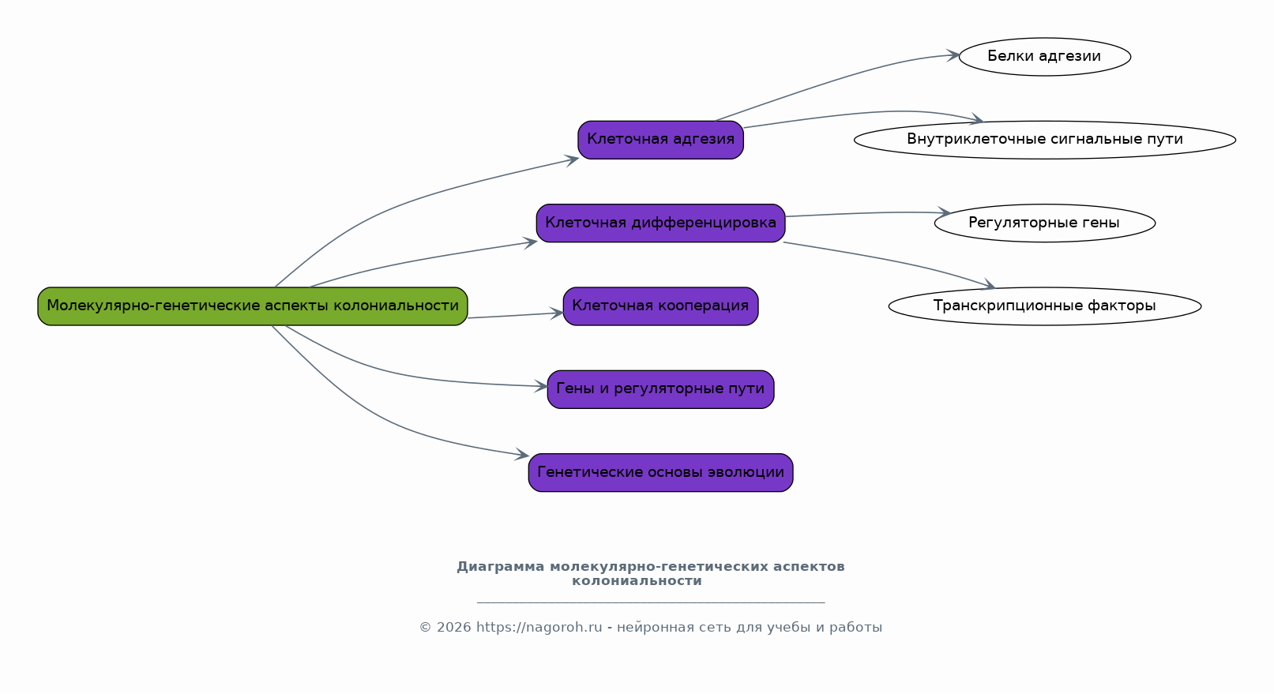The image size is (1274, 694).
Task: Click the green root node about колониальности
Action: click(x=253, y=306)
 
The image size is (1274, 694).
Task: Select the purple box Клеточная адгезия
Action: click(x=660, y=140)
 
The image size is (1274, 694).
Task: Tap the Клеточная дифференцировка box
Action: click(x=660, y=223)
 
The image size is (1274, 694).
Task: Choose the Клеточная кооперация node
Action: click(x=660, y=306)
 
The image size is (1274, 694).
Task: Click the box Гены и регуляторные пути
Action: click(x=660, y=389)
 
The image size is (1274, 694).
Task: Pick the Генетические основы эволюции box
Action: click(x=660, y=473)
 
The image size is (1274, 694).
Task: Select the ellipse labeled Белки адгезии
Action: click(x=1044, y=57)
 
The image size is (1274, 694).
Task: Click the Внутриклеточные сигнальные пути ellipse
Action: click(x=1044, y=140)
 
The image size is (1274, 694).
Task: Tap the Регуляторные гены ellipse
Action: click(x=1044, y=223)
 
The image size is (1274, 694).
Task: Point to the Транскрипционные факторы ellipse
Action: click(x=1044, y=306)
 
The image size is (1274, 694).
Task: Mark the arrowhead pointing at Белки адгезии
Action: click(x=952, y=55)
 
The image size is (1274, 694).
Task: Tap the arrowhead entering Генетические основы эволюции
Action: click(x=522, y=454)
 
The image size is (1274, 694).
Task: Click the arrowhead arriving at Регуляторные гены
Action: click(x=944, y=212)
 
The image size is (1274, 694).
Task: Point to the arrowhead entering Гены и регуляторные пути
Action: click(x=540, y=387)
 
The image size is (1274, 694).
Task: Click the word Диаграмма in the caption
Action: click(x=501, y=567)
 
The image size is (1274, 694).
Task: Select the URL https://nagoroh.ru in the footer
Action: click(x=539, y=628)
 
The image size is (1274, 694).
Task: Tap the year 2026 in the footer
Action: click(x=454, y=628)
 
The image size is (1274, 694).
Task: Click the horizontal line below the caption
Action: click(x=651, y=602)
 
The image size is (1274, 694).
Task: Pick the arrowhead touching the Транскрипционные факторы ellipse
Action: click(x=989, y=284)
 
